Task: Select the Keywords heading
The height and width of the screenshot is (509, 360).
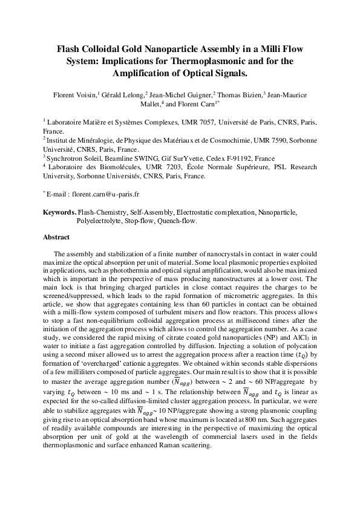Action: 60,213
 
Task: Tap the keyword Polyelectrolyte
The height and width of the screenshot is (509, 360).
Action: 101,221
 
